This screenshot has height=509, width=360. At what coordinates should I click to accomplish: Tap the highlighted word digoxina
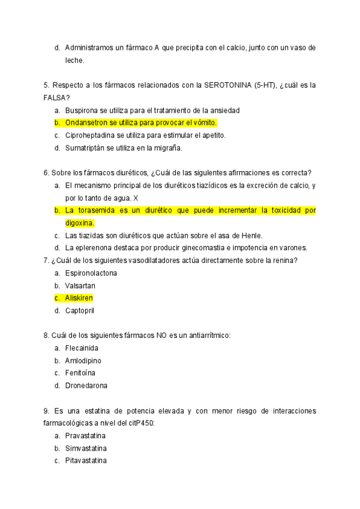point(80,223)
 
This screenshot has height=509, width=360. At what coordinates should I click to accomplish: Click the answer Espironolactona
point(91,273)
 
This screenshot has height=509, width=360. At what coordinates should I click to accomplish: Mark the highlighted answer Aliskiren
point(79,298)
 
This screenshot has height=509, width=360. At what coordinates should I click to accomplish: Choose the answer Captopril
point(80,310)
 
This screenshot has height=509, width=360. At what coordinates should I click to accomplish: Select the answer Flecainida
point(82,348)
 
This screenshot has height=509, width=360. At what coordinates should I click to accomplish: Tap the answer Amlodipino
point(83,361)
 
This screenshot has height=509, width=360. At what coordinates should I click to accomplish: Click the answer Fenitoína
point(80,373)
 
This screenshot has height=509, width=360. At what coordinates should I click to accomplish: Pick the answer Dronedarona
point(86,385)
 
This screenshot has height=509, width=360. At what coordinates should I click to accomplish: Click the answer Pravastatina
point(86,436)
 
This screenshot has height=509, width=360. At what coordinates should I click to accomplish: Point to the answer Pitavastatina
point(86,460)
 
